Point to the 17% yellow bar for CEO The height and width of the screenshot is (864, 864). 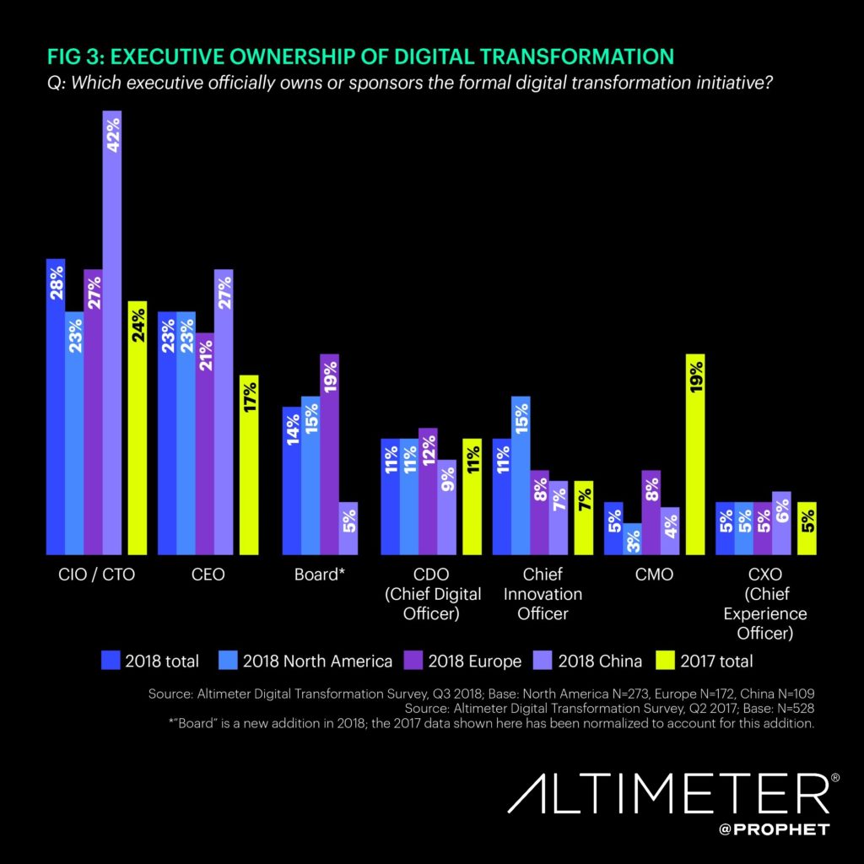[250, 465]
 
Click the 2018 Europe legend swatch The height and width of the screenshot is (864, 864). [418, 661]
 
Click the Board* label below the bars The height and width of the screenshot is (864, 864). [317, 575]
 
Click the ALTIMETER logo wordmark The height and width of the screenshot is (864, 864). [671, 797]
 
